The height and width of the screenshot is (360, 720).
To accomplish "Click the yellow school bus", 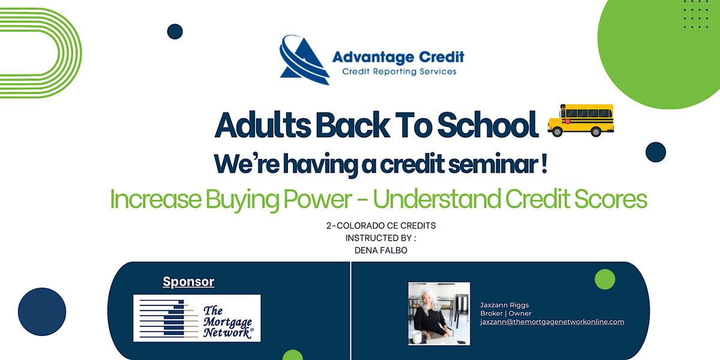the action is pos(581,120).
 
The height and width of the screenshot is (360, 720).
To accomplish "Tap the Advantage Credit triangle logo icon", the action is pos(304,60).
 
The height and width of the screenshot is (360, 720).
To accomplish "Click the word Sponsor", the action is pos(188,281).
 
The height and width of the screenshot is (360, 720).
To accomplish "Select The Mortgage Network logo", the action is pos(197,318).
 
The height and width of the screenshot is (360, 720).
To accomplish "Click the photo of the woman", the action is pos(439,314).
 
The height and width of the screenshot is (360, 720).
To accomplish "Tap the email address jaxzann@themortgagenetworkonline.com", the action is pos(552,322).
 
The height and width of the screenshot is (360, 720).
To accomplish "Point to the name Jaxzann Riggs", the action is pos(505,305).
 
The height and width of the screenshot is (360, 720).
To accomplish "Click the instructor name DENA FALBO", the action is pos(381,250).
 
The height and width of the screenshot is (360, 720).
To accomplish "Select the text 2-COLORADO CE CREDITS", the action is pos(381,226).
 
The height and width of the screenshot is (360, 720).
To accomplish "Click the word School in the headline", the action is pos(488,125).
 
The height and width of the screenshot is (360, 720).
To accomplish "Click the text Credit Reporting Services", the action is pos(399,71).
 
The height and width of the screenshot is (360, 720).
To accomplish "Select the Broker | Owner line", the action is pos(506,313).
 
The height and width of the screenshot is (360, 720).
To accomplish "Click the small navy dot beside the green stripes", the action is pos(175,31).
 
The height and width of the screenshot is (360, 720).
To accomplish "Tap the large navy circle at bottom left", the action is pos(42,311).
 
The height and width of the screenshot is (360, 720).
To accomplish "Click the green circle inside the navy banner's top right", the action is pos(605,279).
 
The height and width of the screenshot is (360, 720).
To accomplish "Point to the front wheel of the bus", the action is pos(557,131).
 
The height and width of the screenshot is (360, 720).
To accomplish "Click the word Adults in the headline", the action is pos(263,125).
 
